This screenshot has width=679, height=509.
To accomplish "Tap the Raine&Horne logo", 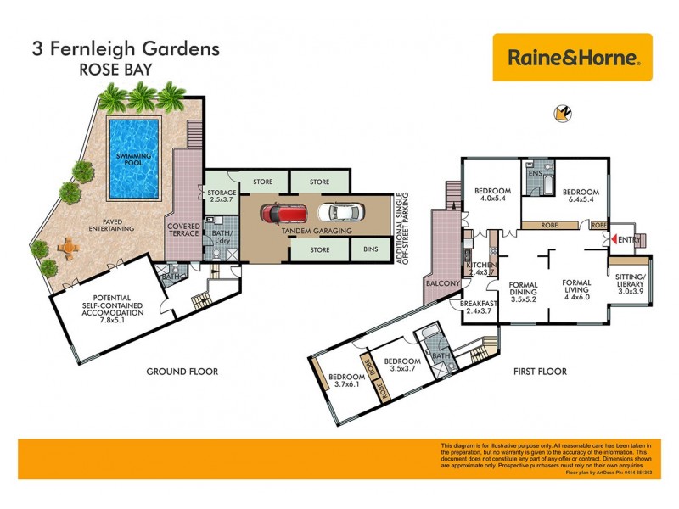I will point(572,58).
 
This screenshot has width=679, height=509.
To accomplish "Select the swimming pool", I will point(134,156).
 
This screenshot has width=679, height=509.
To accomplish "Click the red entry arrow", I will point(615,240).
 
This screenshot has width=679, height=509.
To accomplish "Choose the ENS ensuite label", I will point(535,173).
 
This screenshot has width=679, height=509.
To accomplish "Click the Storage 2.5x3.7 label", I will point(222,198).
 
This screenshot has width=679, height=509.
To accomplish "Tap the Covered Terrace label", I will point(184,231).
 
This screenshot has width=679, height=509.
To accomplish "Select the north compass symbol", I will point(559,113).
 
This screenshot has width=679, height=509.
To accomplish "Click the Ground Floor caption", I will point(182,372).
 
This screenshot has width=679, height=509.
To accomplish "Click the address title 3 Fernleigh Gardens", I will point(126,48).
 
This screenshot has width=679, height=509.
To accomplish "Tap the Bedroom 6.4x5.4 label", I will point(581,196).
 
